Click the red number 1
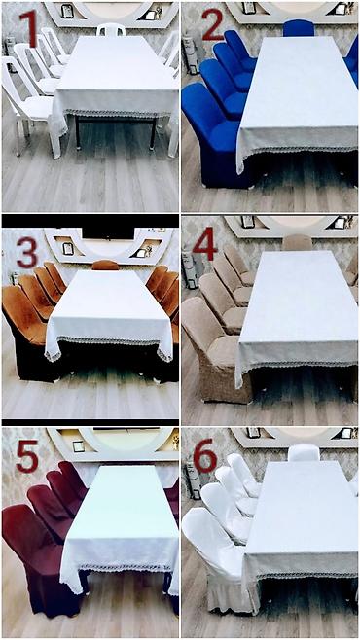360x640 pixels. point(28,28)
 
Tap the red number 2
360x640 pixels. point(212,24)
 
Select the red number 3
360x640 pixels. point(27,253)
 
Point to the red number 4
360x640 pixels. point(204,244)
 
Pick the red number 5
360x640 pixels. point(27,456)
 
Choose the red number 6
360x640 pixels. point(205,455)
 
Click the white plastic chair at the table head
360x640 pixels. point(111,29)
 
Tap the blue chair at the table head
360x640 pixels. point(299,28)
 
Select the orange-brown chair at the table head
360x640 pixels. point(105,265)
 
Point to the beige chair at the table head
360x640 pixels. point(297,242)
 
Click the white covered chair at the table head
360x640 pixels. point(304,452)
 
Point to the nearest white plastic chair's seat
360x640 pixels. point(38,109)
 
